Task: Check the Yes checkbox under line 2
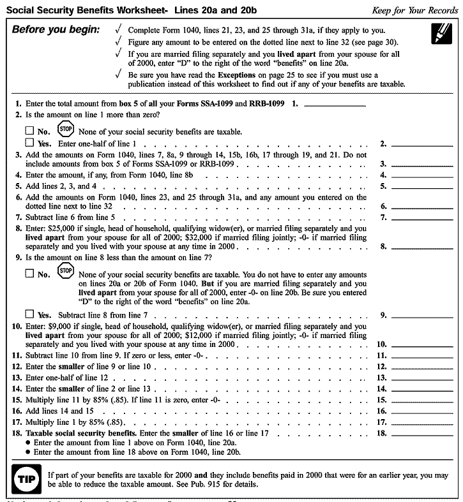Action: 29,143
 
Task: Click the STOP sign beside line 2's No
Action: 66,128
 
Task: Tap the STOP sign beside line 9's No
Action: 66,272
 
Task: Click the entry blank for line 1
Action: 335,103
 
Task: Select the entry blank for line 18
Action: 421,433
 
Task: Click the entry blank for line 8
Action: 421,246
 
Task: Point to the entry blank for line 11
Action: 421,355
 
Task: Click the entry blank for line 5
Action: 421,186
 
